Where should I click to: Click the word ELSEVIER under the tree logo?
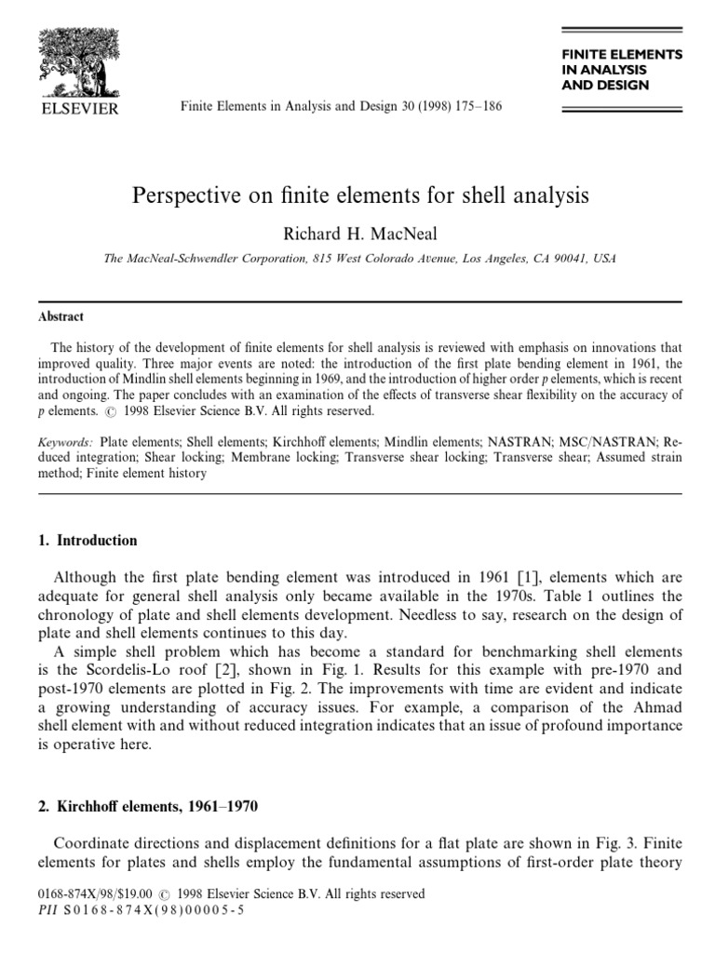(77, 109)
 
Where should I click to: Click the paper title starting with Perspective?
(362, 196)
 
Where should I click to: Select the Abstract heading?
(61, 316)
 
